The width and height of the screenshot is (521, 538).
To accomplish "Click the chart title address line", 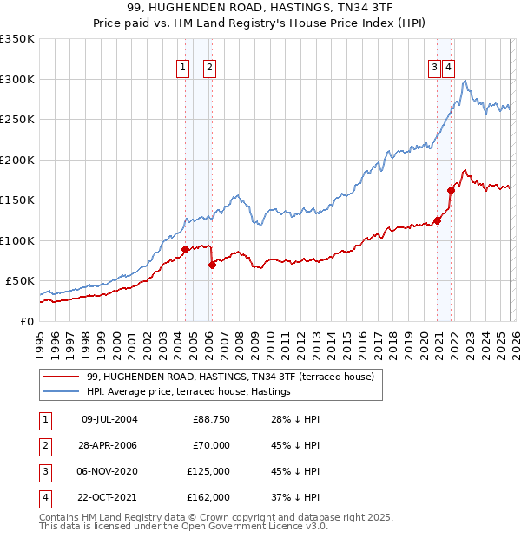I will (260, 9).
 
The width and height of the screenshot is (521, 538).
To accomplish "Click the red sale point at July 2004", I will (185, 250).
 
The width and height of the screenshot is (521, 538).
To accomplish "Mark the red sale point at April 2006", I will (212, 265).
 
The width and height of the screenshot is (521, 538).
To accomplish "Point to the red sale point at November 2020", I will (437, 220).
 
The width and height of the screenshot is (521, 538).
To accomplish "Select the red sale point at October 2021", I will (451, 190).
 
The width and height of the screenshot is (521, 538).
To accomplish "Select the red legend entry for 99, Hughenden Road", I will (230, 377).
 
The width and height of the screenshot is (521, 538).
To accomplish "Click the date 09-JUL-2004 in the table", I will (109, 419).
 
